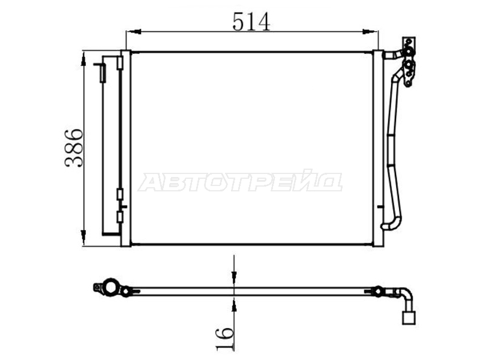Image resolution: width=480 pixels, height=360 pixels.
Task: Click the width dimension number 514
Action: [x=251, y=22]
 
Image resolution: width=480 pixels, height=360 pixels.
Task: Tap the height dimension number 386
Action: [x=74, y=148]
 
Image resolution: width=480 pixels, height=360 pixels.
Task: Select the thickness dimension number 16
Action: [x=224, y=338]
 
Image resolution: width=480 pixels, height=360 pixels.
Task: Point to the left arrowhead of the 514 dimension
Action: [x=134, y=32]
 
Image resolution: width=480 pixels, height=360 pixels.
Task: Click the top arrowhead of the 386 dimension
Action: [x=83, y=59]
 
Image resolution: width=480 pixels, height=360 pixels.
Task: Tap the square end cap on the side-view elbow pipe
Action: [x=409, y=318]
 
